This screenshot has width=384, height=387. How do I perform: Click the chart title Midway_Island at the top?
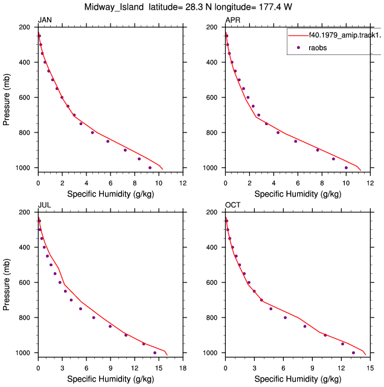pos(114,7)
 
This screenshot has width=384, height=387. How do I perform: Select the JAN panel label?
pos(45,20)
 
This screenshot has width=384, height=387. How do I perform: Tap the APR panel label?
pos(232,20)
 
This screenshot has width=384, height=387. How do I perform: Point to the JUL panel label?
pos(44,205)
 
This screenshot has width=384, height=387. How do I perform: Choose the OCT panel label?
pos(232,205)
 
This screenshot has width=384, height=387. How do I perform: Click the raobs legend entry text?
pos(318,48)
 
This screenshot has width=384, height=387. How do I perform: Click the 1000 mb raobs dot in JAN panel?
pos(150,168)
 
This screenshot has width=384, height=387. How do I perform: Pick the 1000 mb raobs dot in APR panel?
pos(346,168)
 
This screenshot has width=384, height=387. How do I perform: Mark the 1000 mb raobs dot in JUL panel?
pos(155,353)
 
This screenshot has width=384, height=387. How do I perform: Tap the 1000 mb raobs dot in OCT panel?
pos(353,353)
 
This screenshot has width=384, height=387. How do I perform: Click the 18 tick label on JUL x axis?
pos(183,368)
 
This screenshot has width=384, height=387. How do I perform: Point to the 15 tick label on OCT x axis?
pos(370,368)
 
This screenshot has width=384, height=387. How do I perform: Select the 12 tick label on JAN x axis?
pos(183,183)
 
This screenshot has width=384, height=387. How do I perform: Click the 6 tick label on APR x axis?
pos(298,183)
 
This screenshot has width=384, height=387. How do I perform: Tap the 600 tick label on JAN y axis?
pos(24,98)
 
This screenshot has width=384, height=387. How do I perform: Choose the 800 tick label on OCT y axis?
pos(212,318)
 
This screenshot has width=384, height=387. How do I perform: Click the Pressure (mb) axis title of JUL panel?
pos(6,285)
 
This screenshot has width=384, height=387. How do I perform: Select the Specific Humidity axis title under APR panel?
pos(298,194)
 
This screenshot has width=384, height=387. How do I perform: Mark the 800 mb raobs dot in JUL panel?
pos(94,317)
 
